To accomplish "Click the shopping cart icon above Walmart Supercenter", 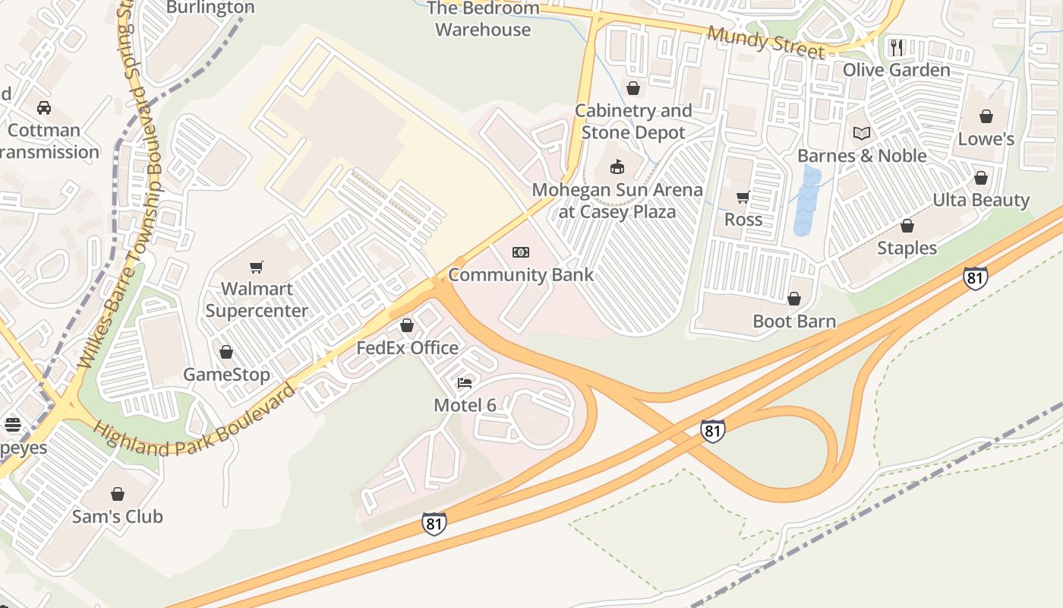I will coord(256,268).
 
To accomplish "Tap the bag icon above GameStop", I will coord(226,352).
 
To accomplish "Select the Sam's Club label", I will coord(118,517).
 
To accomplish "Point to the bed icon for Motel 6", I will coord(465,382).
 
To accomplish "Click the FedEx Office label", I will coord(408,348).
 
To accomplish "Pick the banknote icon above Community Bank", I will coord(520,252).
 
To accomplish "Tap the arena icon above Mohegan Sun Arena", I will coord(617,166).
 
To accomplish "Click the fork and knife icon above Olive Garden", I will coord(897,47).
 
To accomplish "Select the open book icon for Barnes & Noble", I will coord(861,134).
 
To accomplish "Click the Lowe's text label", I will coord(986,139).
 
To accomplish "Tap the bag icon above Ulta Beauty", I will coord(981,178).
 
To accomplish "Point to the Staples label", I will coord(907,249).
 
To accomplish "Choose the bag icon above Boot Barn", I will coord(794,299).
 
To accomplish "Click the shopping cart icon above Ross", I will coord(743,198).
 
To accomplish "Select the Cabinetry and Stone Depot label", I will coord(633,122).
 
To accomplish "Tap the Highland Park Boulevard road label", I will coord(194,426).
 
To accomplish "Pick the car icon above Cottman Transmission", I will coord(44,107).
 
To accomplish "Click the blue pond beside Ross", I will coord(808,201).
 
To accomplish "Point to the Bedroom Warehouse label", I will coord(483,19).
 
